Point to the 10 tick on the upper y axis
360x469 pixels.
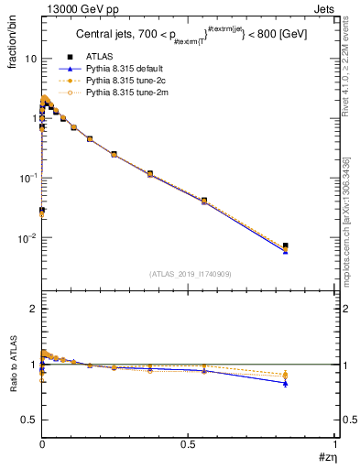[30, 59]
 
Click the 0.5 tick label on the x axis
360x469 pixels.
[189, 443]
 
